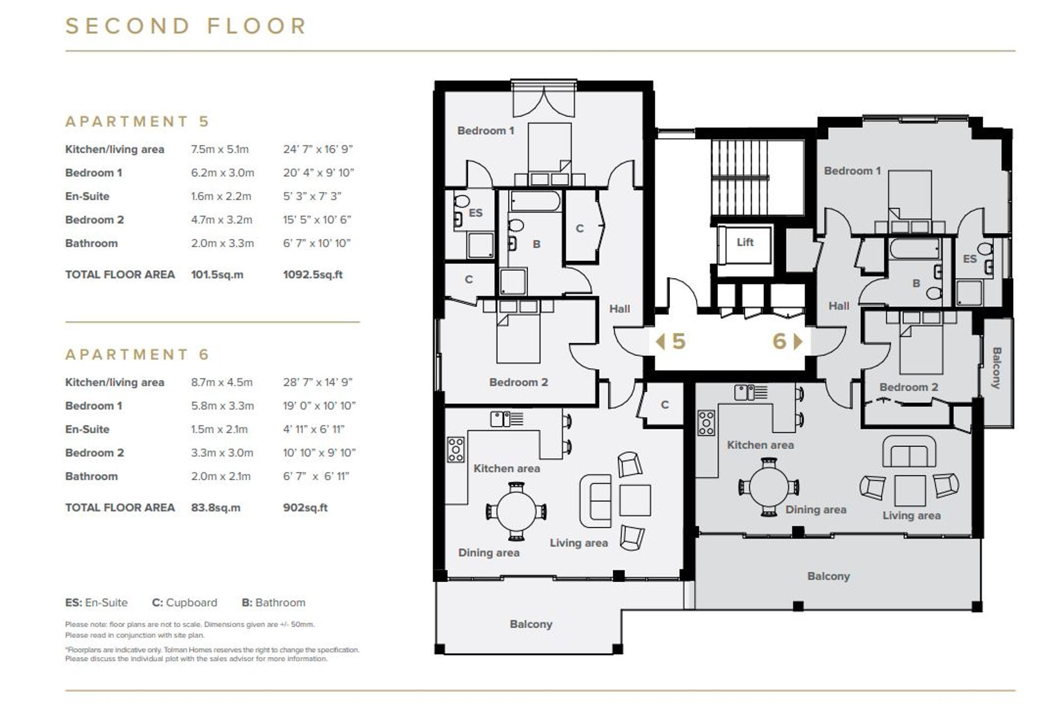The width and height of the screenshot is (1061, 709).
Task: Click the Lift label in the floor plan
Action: [745, 242]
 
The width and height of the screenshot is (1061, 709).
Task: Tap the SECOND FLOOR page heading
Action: [186, 26]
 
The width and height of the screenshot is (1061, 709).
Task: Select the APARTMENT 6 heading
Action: [137, 354]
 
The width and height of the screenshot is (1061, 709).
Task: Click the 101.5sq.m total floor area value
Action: [217, 274]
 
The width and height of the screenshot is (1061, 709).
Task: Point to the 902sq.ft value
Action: [305, 507]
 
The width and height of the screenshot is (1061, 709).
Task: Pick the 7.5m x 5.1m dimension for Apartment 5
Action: [220, 149]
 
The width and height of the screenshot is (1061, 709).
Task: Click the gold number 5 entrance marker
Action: [679, 341]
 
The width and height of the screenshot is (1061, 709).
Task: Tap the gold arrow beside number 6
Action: [797, 341]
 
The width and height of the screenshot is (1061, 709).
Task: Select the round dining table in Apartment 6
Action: [769, 487]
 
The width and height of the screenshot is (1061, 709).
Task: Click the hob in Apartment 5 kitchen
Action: [455, 449]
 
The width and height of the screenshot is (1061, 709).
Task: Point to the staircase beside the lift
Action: [740, 177]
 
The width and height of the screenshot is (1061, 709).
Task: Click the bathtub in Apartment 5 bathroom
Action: [535, 202]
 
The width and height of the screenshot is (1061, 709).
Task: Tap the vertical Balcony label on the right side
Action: [996, 368]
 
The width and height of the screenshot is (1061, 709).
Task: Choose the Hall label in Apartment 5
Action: [619, 308]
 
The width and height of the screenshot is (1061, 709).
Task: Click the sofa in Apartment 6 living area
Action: [909, 452]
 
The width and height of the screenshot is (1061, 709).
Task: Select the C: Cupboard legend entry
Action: [184, 602]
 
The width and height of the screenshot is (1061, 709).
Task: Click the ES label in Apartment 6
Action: [969, 259]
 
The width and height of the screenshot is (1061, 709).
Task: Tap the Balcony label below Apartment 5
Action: [530, 624]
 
